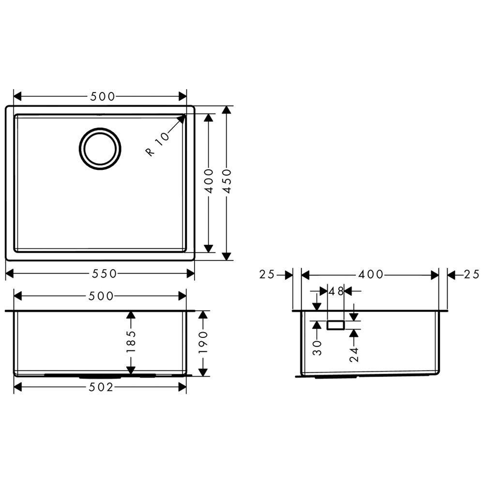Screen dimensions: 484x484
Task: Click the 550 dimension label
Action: click(105, 273)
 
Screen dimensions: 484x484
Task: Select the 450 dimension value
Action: click(227, 181)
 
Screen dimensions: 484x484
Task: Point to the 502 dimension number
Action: click(101, 387)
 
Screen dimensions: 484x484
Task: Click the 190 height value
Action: click(203, 343)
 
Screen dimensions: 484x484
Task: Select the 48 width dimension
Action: click(336, 291)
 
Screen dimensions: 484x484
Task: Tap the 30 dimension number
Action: click(317, 348)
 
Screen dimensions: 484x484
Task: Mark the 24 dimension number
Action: click(354, 354)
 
